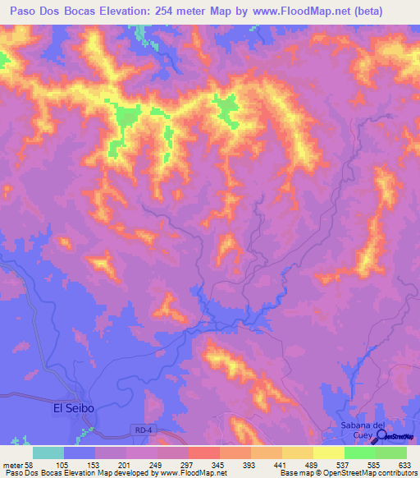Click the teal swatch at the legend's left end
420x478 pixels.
(x=48, y=453)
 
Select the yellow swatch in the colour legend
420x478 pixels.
(x=328, y=453)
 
